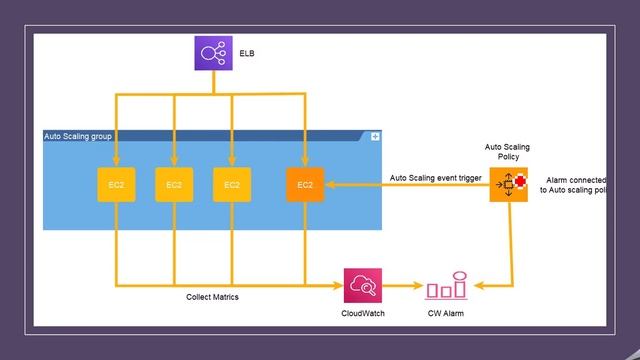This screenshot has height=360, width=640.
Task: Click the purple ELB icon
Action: point(212,52)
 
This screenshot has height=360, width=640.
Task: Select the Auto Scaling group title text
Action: point(78,136)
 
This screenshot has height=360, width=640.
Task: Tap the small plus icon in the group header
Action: point(375,136)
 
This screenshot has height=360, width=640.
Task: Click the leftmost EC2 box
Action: point(116,185)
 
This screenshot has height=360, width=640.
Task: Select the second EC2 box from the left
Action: point(174,185)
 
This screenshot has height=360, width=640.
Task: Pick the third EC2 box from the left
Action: point(232,185)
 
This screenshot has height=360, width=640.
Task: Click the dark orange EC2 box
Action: point(305,185)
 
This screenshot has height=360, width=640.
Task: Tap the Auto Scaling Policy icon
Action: point(508,184)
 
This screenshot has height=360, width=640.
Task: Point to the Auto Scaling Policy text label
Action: point(508,152)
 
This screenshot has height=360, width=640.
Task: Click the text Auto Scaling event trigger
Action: point(436,178)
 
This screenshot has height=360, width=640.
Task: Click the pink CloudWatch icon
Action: point(362,287)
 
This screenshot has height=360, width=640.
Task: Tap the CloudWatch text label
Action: point(362,314)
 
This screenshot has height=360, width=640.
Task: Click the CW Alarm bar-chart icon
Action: point(446,287)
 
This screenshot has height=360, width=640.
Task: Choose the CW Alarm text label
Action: point(446,314)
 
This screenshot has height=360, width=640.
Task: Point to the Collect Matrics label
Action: point(213,297)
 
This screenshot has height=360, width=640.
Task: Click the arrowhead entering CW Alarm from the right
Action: point(476,287)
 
